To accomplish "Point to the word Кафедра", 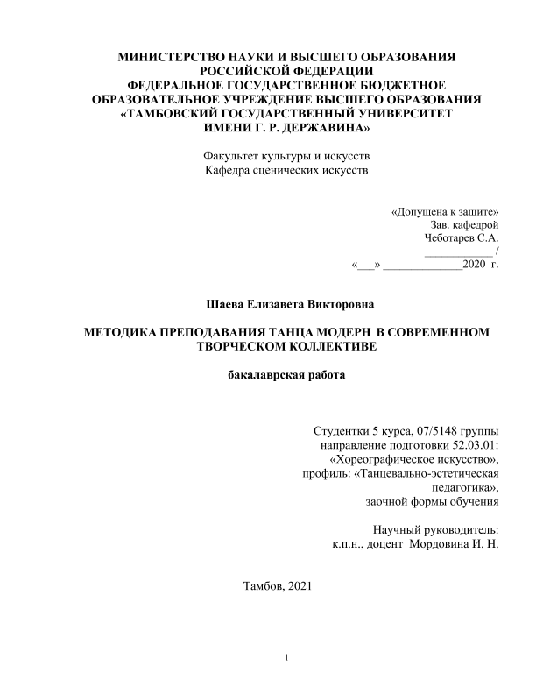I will coord(226,170).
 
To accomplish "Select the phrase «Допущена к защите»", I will coord(445,212).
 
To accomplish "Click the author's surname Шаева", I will coord(223,304).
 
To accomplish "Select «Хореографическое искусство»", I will coord(413,460).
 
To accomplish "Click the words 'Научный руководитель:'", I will coord(435,530).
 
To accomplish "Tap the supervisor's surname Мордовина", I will coord(444,544).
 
